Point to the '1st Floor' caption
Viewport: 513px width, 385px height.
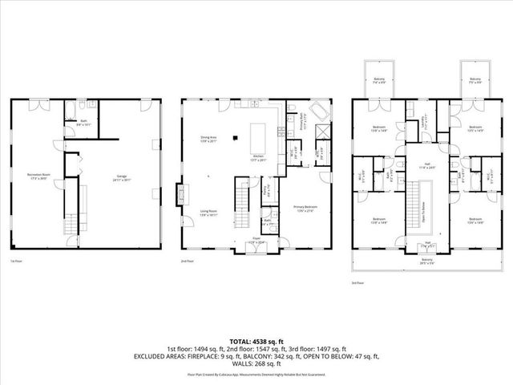pyautogui.click(x=14, y=261)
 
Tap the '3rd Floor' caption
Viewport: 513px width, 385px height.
pyautogui.click(x=357, y=283)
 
